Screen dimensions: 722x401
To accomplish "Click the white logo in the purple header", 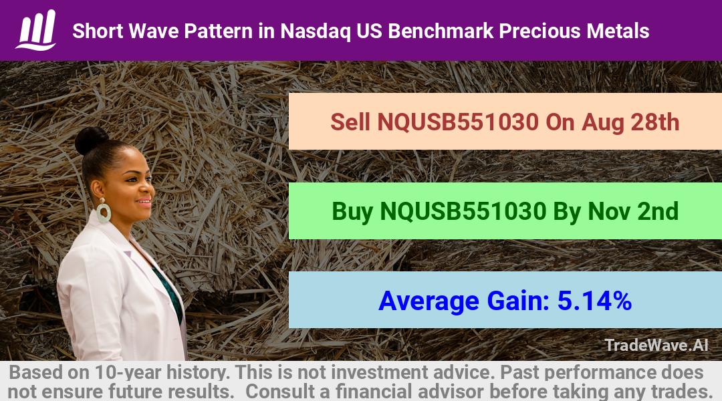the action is (36, 30).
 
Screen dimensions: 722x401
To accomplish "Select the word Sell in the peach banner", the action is (350, 122).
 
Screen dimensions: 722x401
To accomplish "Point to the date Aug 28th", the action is (630, 122).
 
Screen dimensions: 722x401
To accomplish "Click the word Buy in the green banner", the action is (352, 211).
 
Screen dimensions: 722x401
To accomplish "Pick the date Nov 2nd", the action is (633, 211).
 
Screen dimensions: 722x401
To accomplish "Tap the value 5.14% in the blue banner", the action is (594, 301).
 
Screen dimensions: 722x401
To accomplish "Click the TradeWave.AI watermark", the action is (656, 346).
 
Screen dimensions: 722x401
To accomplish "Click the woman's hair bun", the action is (91, 140).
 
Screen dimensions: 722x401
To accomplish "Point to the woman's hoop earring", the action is (103, 211).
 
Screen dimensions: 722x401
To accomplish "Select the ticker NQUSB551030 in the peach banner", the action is (458, 122).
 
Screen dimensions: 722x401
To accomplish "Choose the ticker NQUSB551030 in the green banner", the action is (463, 211).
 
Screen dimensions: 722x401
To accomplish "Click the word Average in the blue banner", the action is (429, 301).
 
